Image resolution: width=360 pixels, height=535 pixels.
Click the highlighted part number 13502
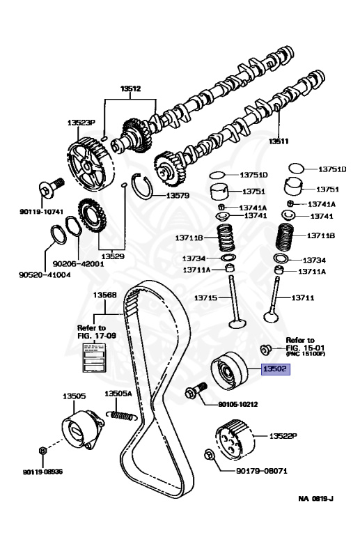coord(276,369)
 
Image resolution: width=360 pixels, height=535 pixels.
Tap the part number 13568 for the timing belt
coord(104,295)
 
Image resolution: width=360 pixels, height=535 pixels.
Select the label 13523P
coord(81,123)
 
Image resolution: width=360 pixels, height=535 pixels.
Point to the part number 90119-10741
coord(41,212)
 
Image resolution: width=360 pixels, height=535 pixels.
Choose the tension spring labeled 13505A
coord(123,415)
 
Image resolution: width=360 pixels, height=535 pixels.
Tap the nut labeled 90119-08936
coord(42,451)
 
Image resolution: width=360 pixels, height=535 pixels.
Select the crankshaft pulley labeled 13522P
coord(235,440)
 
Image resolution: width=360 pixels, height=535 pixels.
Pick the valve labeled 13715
coord(234,302)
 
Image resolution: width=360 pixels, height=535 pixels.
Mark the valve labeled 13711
coord(273,299)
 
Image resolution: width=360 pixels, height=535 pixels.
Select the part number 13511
coord(279,141)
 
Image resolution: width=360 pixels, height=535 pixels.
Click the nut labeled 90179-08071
coord(209,454)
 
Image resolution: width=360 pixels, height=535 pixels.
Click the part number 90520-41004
coord(45,274)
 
